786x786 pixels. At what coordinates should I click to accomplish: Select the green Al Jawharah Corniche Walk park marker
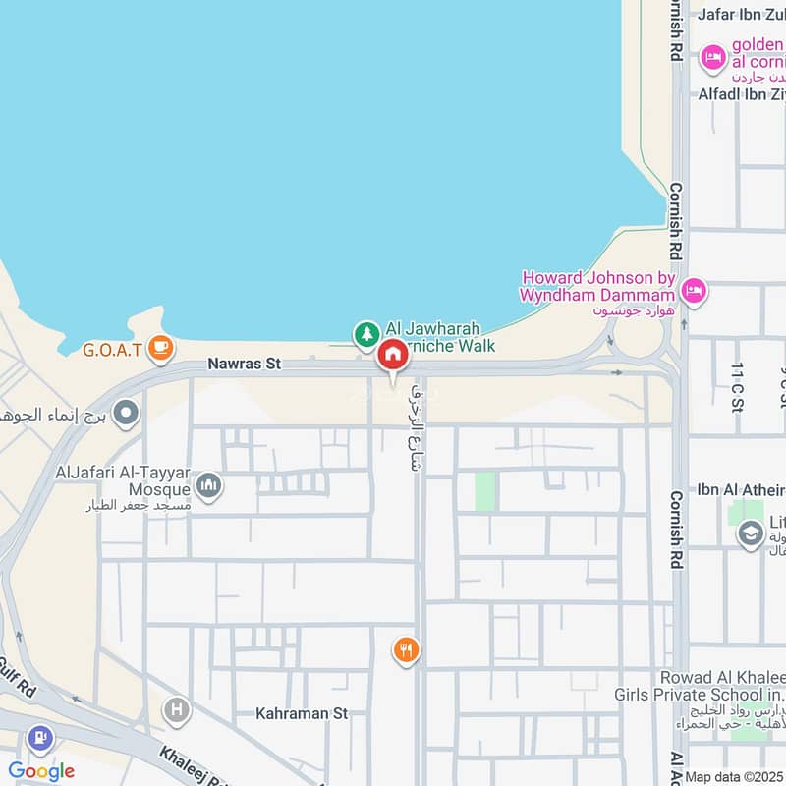tap(366, 335)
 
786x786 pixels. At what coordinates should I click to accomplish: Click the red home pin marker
tap(392, 356)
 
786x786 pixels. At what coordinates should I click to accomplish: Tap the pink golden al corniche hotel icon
tap(711, 58)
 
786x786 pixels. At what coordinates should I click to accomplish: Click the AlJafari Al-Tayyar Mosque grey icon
tap(207, 484)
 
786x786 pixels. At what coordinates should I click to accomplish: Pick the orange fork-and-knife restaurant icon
tap(405, 649)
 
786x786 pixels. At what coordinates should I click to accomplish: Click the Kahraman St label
tap(302, 713)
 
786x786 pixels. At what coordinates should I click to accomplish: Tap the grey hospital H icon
tap(176, 709)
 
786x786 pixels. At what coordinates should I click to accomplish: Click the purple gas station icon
tap(39, 736)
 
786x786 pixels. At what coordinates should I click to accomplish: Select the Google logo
tap(40, 771)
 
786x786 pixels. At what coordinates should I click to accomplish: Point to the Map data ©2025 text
tap(734, 777)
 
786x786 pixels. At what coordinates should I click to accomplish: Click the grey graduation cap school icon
tap(751, 533)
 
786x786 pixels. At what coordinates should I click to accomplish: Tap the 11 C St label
tap(737, 384)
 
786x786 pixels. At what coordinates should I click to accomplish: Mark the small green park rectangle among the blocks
tap(485, 491)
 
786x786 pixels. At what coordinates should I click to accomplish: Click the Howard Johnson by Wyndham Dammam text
tap(598, 286)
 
